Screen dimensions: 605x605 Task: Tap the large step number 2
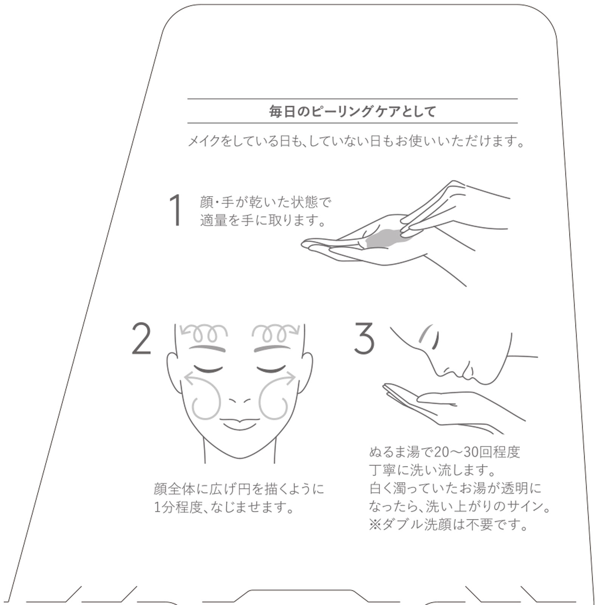[x=141, y=338]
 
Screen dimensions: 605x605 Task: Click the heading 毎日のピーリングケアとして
[x=352, y=112]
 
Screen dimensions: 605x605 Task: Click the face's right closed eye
[x=271, y=369]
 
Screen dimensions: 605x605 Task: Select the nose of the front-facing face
[x=240, y=400]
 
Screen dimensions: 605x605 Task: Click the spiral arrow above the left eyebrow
[x=204, y=333]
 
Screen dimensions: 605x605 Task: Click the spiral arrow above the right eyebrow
[x=276, y=333]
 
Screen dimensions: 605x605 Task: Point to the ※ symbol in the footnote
[x=375, y=524]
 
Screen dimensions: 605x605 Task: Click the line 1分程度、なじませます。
[x=224, y=507]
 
